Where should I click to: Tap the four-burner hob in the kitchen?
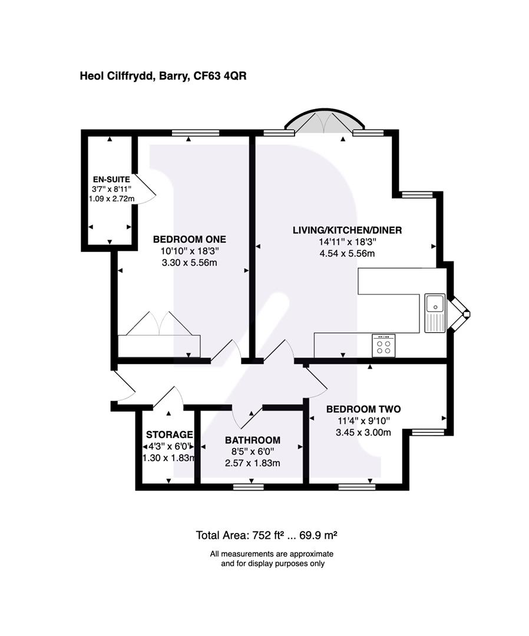click(x=383, y=345)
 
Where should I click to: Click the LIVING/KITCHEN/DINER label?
click(x=347, y=230)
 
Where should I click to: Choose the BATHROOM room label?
click(x=253, y=440)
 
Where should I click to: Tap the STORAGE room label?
click(x=168, y=434)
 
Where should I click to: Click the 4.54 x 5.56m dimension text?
click(x=347, y=254)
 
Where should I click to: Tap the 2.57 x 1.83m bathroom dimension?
click(x=253, y=463)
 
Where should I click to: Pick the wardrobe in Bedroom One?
click(x=159, y=344)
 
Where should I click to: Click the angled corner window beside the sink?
click(x=459, y=313)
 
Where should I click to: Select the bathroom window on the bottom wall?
click(x=248, y=487)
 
